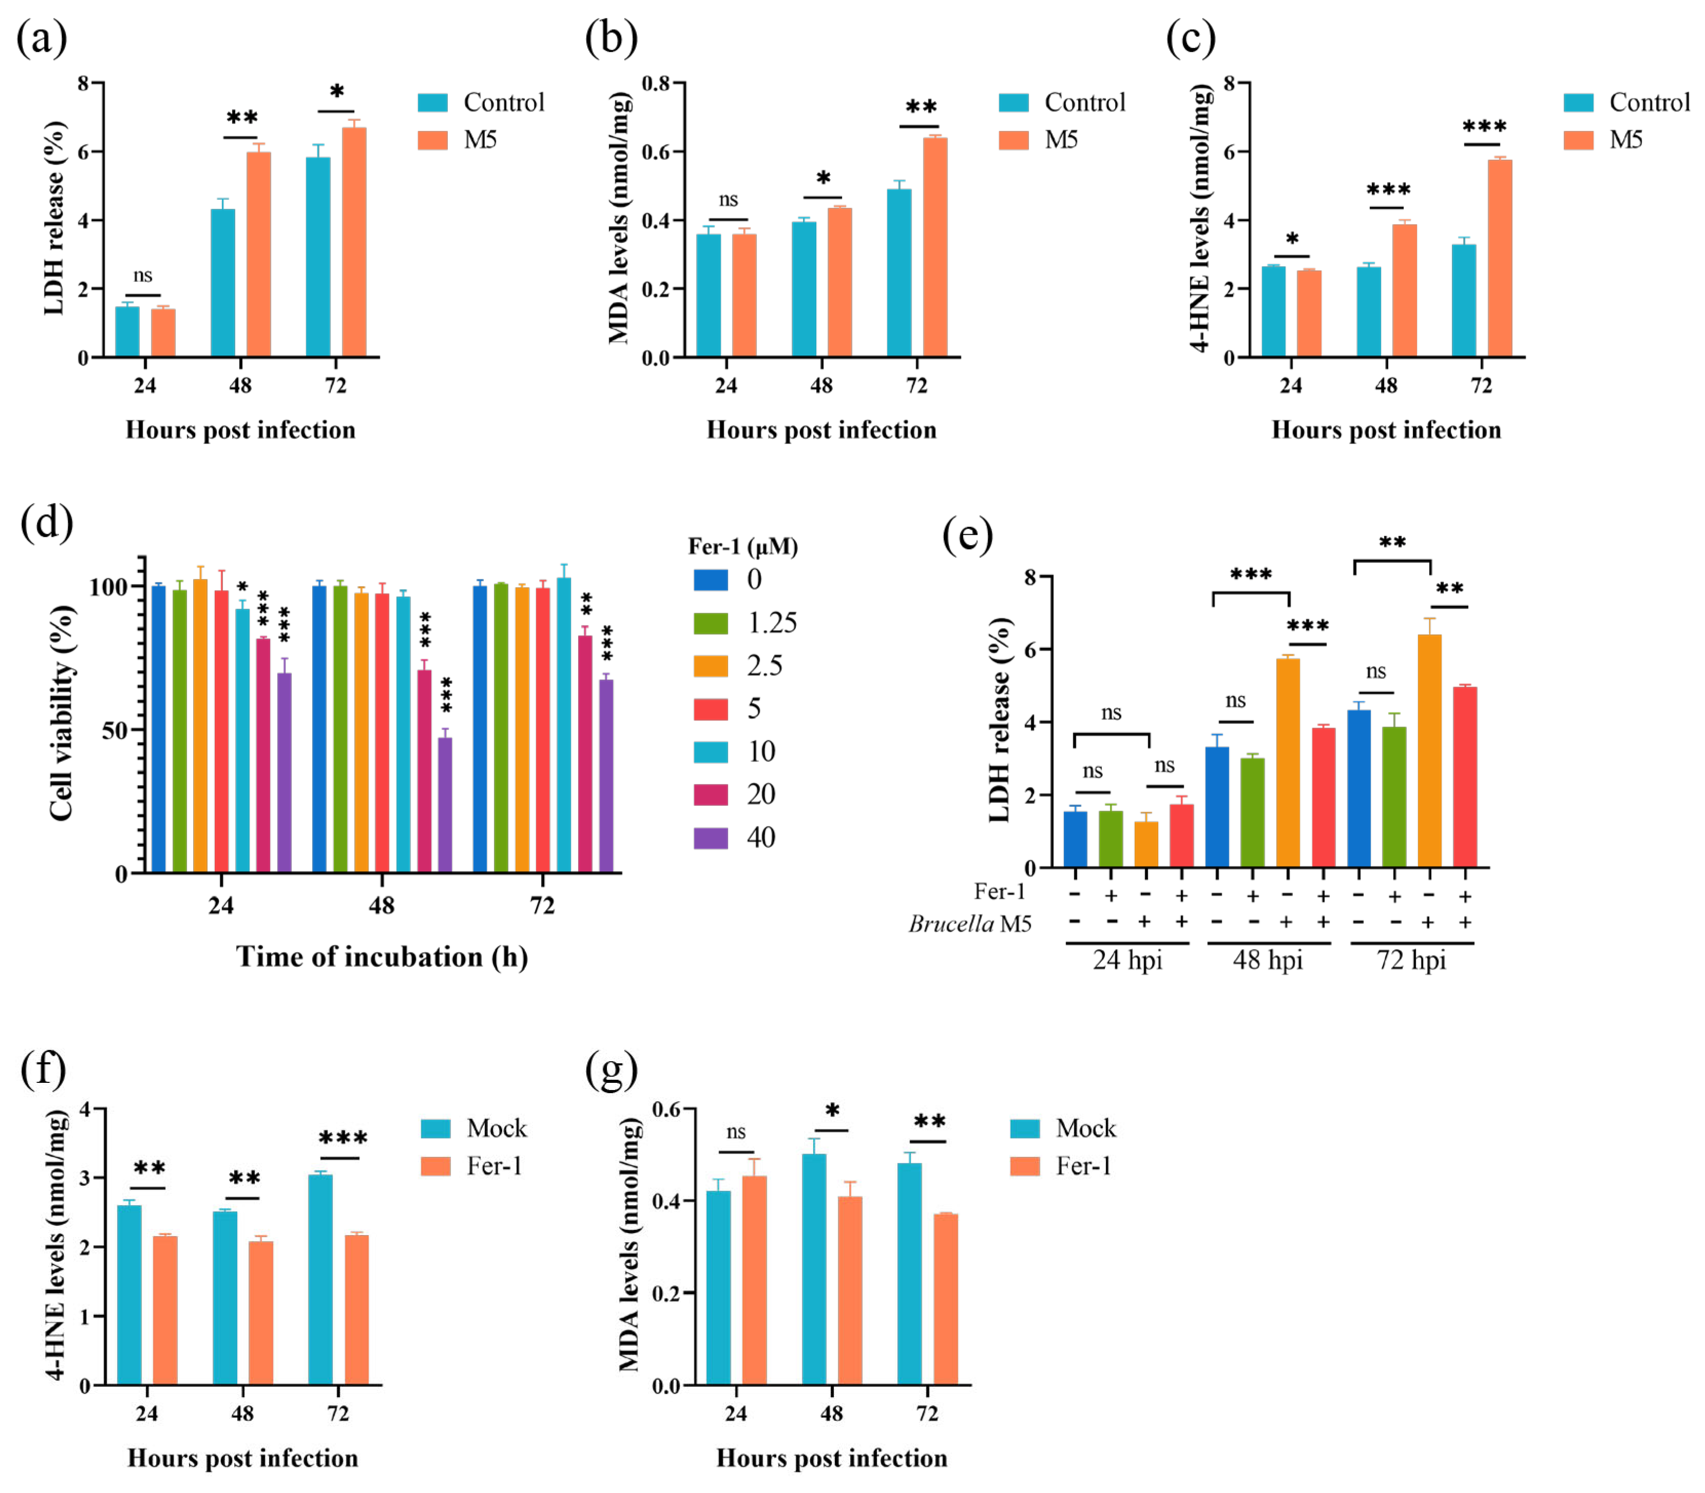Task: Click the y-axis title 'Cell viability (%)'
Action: (63, 712)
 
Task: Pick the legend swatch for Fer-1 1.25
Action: (710, 623)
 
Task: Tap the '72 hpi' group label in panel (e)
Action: (1411, 961)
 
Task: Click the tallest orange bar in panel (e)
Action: (1429, 750)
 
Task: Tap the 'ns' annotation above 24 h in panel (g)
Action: (735, 1132)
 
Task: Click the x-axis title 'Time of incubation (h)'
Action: (381, 957)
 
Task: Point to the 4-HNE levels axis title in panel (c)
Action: (1199, 218)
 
